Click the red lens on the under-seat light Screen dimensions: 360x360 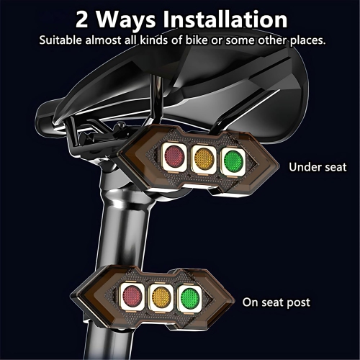click(174, 156)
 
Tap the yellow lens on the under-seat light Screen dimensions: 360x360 click(204, 156)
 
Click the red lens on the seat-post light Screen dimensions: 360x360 click(132, 295)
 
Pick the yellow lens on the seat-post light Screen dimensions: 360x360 click(161, 296)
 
